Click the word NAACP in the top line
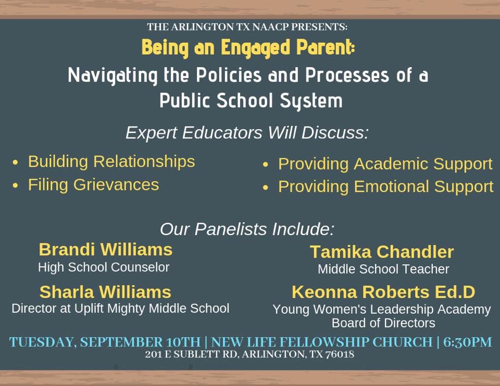270,27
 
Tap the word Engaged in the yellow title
255,48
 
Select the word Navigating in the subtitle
113,76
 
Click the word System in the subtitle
311,101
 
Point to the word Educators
222,133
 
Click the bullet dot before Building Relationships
15,162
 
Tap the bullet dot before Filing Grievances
15,186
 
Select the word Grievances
116,185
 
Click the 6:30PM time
468,342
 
